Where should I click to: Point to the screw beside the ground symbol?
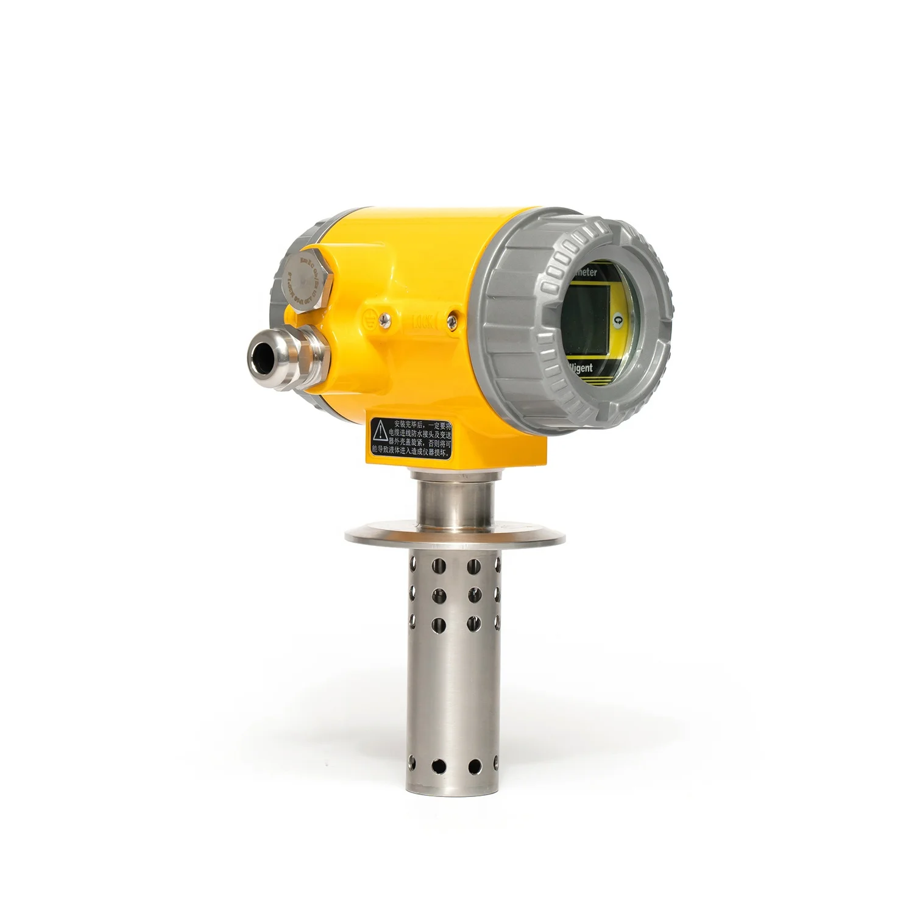click(x=383, y=317)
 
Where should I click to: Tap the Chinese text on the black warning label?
click(x=420, y=438)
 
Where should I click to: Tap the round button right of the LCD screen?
click(x=619, y=318)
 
